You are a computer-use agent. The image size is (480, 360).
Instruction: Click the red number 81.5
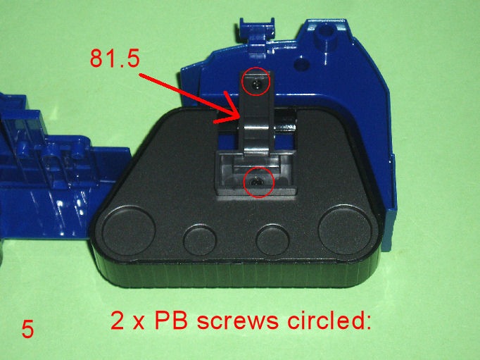click(115, 58)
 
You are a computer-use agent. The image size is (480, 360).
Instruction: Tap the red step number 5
click(27, 329)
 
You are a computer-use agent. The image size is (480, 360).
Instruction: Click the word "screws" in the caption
click(238, 322)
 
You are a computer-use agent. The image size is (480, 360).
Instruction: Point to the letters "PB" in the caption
click(171, 320)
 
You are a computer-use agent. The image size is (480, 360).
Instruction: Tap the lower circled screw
click(255, 183)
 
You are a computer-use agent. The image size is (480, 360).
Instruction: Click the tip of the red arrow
click(239, 118)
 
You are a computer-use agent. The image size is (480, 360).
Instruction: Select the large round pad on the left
click(129, 230)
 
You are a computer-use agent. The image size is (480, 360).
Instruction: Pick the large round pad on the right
click(345, 230)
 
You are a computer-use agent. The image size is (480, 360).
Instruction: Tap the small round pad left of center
click(200, 240)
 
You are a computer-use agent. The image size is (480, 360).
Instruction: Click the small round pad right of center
click(272, 240)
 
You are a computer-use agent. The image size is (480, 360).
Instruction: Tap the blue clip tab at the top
click(256, 30)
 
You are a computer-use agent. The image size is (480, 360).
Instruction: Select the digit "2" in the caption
click(117, 321)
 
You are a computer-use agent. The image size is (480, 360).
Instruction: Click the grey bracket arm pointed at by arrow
click(256, 113)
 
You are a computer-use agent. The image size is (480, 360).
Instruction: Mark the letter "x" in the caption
click(139, 323)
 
